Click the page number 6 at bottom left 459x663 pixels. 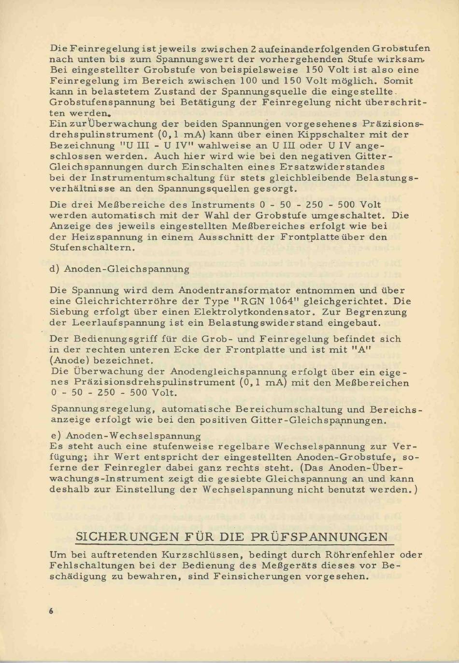(x=51, y=611)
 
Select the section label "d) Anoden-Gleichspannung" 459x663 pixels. (x=119, y=269)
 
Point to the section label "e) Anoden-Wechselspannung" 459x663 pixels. (x=126, y=436)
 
